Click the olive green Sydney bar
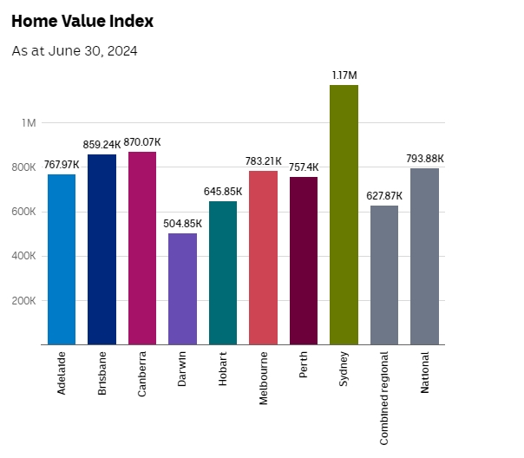pos(344,215)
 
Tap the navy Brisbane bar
pos(102,250)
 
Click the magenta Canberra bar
pos(142,248)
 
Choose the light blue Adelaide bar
pos(62,259)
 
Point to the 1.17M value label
pos(344,75)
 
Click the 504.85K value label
pos(182,224)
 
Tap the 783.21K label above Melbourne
pos(263,161)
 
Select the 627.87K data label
pos(384,196)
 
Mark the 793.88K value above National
pos(425,159)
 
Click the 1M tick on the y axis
pos(29,123)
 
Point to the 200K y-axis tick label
pos(23,301)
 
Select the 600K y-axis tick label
pos(23,212)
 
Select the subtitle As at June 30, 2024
pos(75,51)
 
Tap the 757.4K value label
pos(304,167)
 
